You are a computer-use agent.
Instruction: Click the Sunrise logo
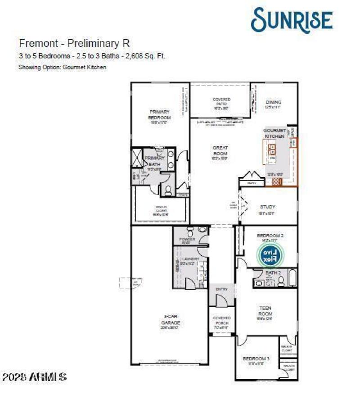pos(292,19)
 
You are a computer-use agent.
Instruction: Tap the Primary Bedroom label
pos(159,115)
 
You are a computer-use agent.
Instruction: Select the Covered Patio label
pos(221,102)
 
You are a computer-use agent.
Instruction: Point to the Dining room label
pos(273,103)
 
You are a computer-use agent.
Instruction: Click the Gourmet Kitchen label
pos(274,133)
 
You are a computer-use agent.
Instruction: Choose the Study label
pos(267,207)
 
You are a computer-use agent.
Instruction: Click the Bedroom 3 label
pos(256,359)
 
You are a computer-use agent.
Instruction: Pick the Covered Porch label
pos(221,321)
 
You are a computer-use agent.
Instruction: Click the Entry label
pos(221,289)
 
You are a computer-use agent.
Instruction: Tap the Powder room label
pos(187,239)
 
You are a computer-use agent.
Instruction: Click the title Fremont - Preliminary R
pos(74,43)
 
